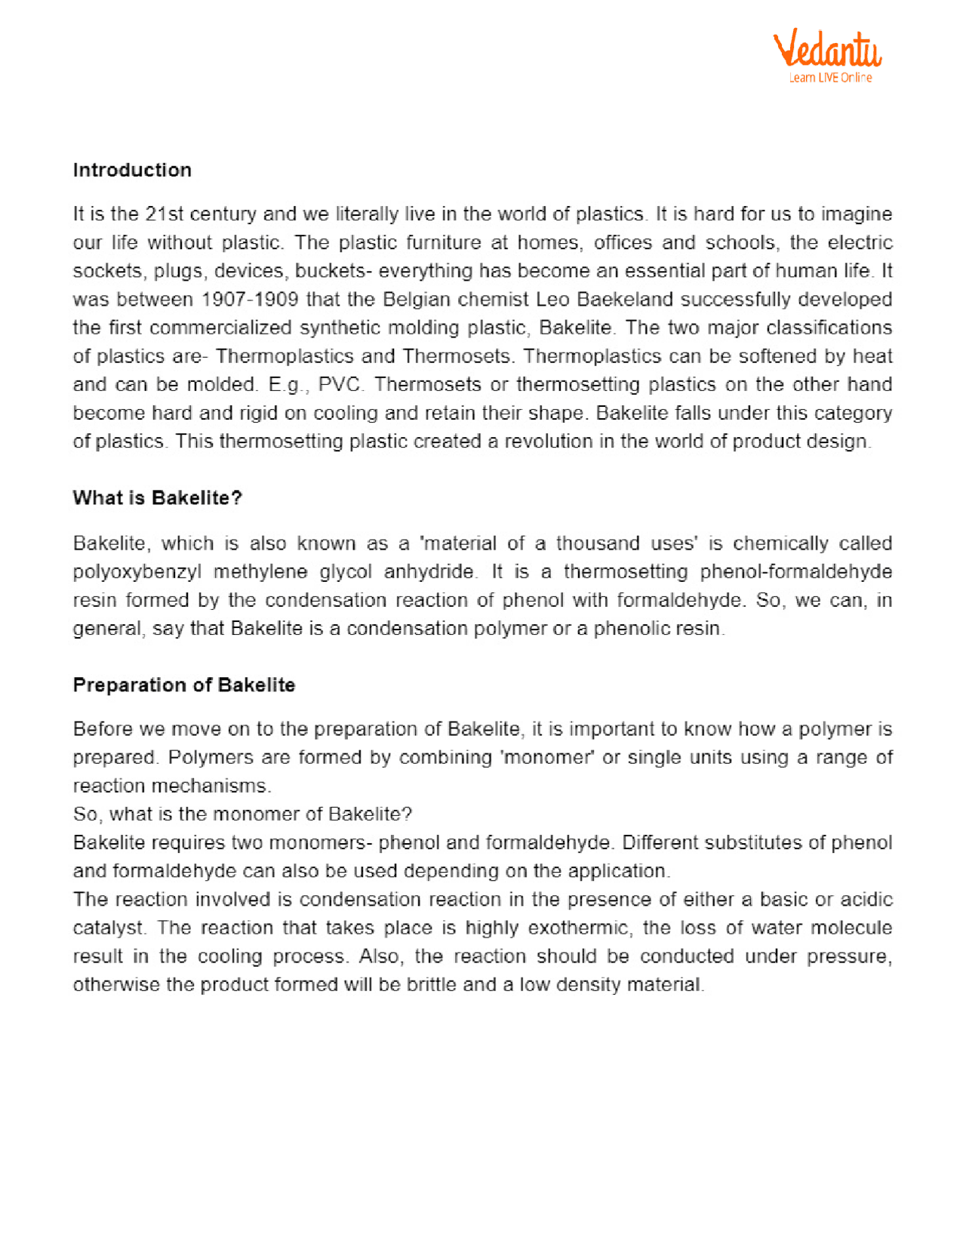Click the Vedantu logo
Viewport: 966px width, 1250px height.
point(827,51)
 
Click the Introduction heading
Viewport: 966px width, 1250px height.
point(132,170)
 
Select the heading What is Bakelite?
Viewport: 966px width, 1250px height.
point(157,498)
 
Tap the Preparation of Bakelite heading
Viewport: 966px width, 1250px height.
point(183,685)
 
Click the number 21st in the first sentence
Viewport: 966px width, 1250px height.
point(165,214)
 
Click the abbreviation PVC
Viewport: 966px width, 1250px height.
point(341,385)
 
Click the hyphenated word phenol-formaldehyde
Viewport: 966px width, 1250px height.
point(796,572)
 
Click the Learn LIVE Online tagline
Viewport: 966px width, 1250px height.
point(830,78)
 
